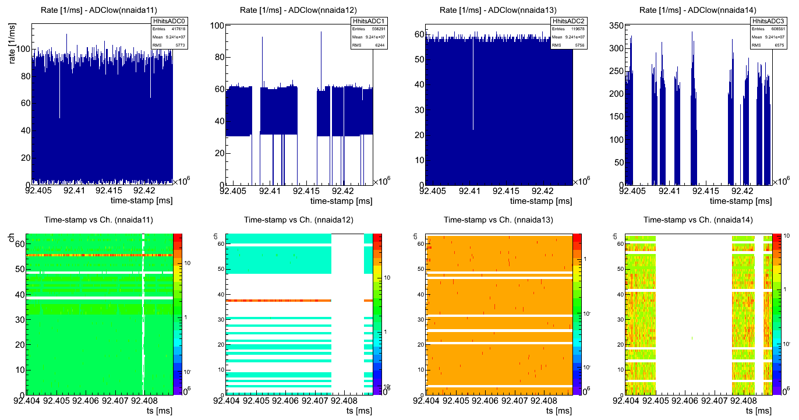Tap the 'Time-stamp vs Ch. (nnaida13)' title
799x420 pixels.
pyautogui.click(x=499, y=220)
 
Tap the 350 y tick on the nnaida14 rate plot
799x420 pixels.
pyautogui.click(x=616, y=26)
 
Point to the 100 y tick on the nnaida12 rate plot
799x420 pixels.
pyautogui.click(x=218, y=26)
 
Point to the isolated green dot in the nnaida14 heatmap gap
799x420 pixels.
pyautogui.click(x=692, y=338)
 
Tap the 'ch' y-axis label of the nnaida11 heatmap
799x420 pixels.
pyautogui.click(x=12, y=238)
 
